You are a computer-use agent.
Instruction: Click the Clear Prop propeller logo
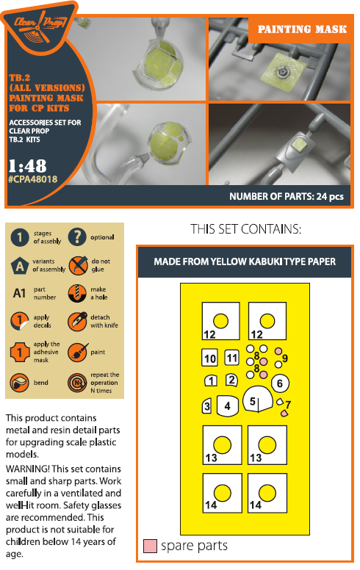click(40, 26)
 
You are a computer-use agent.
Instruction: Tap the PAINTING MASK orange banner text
click(302, 29)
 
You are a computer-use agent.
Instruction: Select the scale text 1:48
click(28, 166)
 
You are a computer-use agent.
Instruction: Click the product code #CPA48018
click(33, 179)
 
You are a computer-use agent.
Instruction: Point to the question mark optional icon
click(77, 237)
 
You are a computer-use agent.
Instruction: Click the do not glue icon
click(77, 265)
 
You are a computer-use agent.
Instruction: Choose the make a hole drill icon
click(77, 293)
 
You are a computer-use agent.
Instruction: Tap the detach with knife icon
click(77, 321)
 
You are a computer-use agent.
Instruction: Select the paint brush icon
click(77, 352)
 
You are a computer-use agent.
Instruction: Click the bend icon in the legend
click(20, 383)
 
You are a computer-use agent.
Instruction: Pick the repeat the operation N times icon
click(77, 383)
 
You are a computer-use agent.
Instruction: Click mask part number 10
click(209, 358)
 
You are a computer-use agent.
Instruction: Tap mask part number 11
click(231, 358)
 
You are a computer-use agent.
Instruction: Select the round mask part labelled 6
click(280, 383)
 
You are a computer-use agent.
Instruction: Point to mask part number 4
click(228, 405)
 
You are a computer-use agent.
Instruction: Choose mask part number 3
click(207, 405)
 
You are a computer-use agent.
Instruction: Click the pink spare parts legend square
click(150, 546)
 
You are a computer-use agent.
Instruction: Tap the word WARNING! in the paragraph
click(28, 469)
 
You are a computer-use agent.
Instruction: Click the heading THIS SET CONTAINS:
click(246, 229)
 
